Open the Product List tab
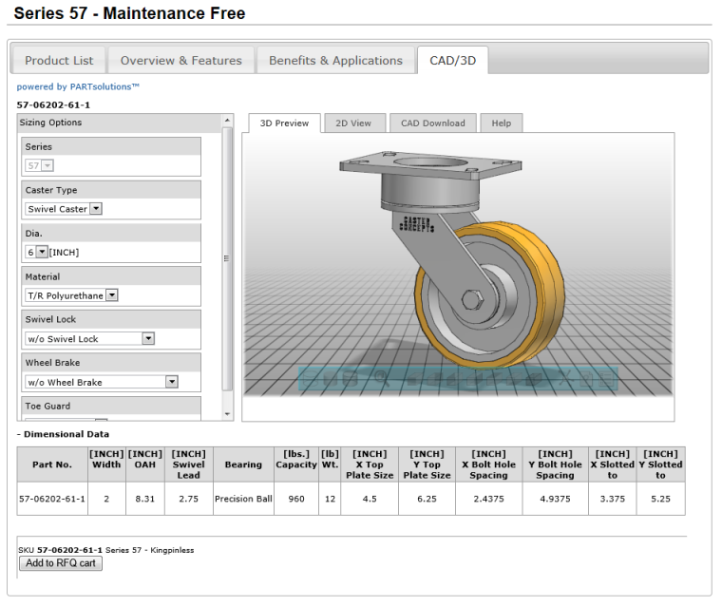59,60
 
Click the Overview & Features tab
180,60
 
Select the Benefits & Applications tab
335,60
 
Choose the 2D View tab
353,123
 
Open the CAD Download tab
432,123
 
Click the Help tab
501,123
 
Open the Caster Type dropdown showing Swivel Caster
65,209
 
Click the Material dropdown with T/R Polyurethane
72,295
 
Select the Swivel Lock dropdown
89,339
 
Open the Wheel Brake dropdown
102,382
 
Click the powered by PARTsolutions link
78,86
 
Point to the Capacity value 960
296,498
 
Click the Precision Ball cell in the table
243,498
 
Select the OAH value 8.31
145,498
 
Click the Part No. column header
51,464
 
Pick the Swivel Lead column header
188,464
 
